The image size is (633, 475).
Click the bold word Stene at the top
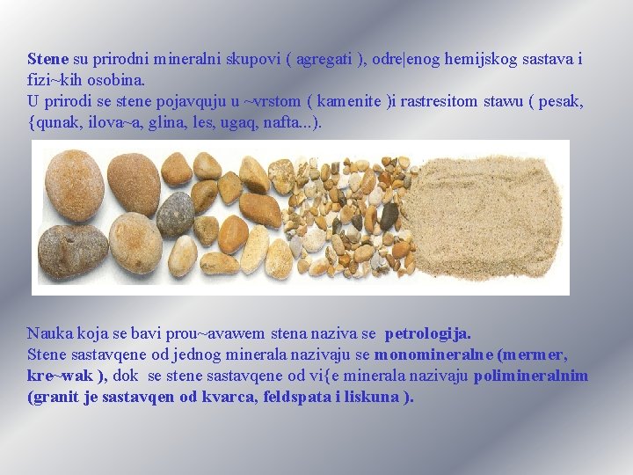[x=47, y=60]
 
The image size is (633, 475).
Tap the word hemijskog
[x=482, y=60]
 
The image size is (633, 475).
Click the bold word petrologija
[x=428, y=334]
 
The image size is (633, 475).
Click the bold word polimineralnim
[x=531, y=376]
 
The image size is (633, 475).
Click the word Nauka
[x=50, y=334]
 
